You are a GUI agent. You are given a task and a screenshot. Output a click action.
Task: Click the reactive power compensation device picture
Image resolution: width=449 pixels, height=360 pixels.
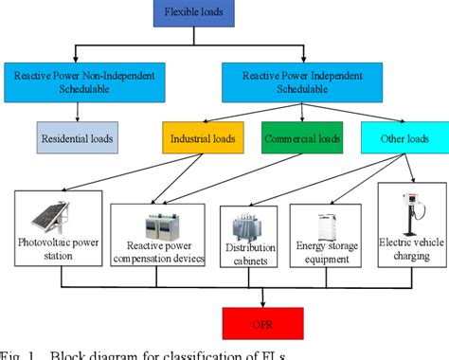click(158, 226)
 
